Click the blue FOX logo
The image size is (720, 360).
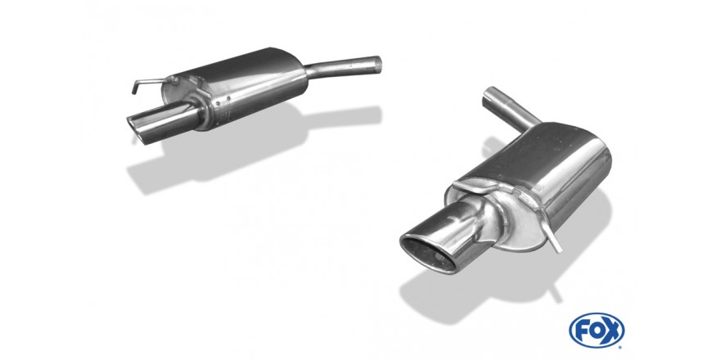click(596, 331)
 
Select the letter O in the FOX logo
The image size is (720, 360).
click(596, 331)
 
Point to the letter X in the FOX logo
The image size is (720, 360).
click(612, 331)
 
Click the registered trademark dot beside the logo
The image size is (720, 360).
click(620, 347)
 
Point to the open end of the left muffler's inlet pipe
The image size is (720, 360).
click(378, 64)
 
